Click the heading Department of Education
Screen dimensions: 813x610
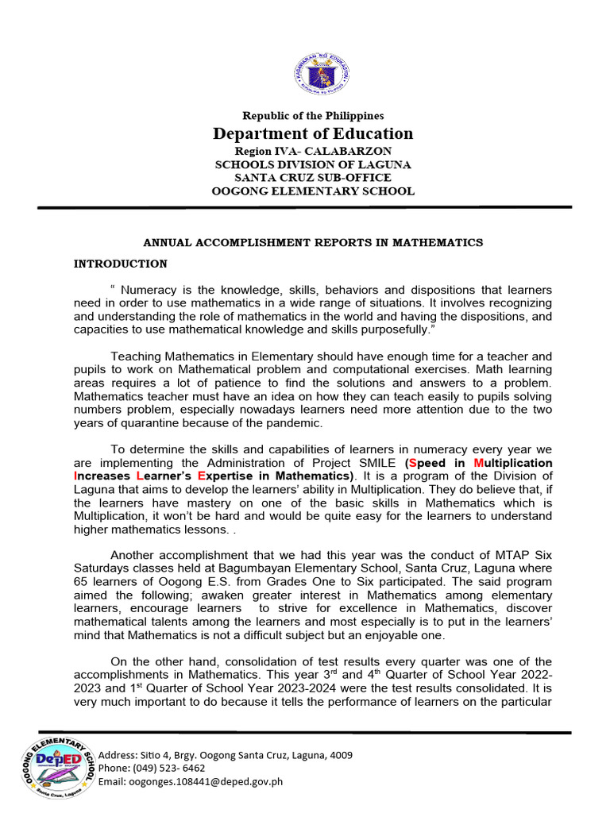pos(312,133)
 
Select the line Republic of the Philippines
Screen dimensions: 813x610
pos(312,116)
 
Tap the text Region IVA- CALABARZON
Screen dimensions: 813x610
pos(312,151)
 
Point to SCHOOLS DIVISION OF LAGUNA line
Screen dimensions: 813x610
pos(312,164)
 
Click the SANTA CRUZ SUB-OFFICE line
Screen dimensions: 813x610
pos(312,178)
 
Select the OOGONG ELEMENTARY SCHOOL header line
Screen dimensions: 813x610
pos(312,191)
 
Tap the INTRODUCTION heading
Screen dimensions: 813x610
pos(120,264)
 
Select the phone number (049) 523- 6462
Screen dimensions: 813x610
pos(175,769)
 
